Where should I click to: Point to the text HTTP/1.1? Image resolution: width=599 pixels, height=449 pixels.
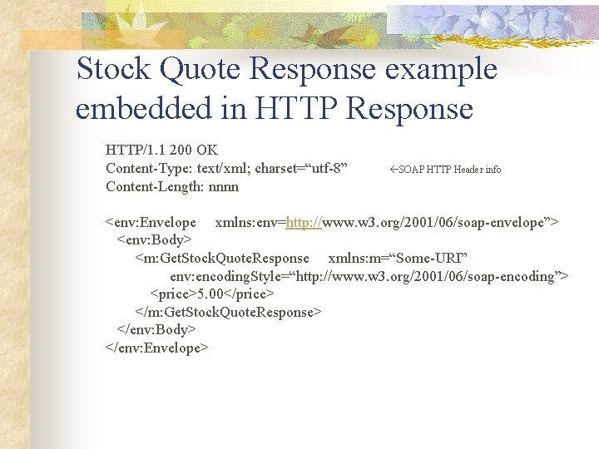(135, 150)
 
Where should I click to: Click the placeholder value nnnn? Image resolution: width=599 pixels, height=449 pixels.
(224, 187)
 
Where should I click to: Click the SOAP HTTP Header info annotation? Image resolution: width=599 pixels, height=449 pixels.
(450, 170)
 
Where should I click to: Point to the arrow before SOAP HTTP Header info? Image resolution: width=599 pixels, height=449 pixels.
(394, 170)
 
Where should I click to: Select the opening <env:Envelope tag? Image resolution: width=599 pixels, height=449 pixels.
(151, 222)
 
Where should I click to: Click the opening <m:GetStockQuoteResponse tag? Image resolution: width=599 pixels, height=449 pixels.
(222, 259)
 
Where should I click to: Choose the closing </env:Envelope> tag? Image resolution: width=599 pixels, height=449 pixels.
(156, 348)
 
